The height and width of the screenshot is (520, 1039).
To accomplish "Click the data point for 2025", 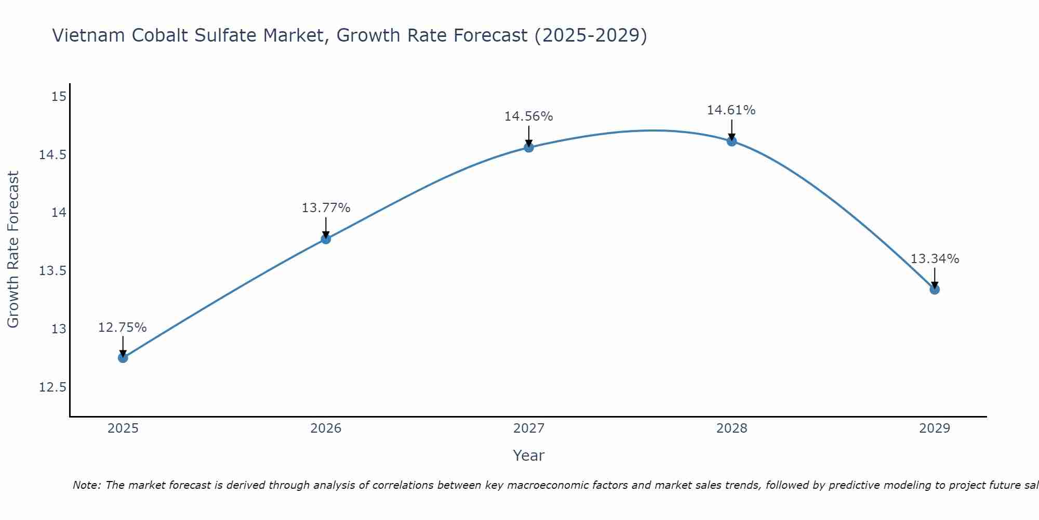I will pyautogui.click(x=123, y=358).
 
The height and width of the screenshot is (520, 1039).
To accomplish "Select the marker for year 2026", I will pyautogui.click(x=326, y=239).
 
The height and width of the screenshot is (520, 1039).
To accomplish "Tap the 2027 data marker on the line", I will pyautogui.click(x=529, y=147).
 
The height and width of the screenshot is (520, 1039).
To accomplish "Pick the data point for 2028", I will pyautogui.click(x=731, y=141).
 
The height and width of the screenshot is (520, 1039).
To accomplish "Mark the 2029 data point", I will pyautogui.click(x=935, y=289).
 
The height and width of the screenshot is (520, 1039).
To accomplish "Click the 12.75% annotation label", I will pyautogui.click(x=123, y=328).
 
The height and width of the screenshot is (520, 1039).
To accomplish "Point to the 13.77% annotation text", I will pyautogui.click(x=326, y=208).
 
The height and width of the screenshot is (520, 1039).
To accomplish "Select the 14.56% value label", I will pyautogui.click(x=528, y=116).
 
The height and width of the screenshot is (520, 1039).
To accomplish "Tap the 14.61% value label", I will pyautogui.click(x=731, y=110).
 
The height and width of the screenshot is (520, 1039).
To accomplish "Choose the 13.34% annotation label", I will pyautogui.click(x=935, y=259).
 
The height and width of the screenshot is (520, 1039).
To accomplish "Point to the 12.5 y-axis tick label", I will pyautogui.click(x=52, y=387).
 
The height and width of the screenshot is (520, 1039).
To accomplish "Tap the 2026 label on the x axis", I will pyautogui.click(x=326, y=428).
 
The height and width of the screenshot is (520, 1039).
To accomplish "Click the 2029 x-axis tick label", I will pyautogui.click(x=935, y=428).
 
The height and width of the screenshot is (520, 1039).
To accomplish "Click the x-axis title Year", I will pyautogui.click(x=528, y=456).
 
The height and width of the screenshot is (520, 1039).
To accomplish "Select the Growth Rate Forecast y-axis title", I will pyautogui.click(x=13, y=250).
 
